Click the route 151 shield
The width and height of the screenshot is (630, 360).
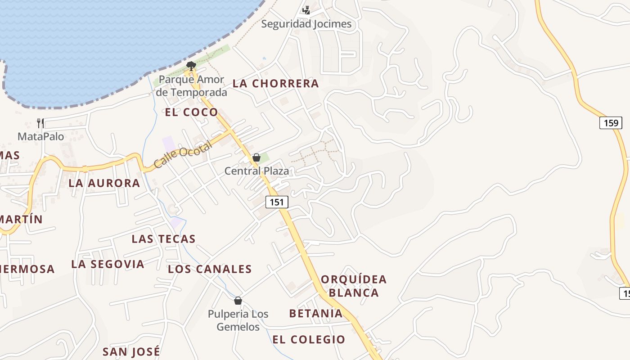point(277,202)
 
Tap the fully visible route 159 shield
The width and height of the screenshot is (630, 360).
point(611,123)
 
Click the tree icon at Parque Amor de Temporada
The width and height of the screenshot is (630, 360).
point(191,66)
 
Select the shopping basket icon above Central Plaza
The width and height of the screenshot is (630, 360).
point(256,157)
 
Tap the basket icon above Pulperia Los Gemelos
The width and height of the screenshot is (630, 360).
point(238,301)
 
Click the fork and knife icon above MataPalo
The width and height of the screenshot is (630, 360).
point(40,123)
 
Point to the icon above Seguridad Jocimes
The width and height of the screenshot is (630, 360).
point(306,10)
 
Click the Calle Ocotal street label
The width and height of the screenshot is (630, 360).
point(182,155)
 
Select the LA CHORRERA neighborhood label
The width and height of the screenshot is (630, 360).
point(275,84)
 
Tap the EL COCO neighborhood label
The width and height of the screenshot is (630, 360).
point(191,112)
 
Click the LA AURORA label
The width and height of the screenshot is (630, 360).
point(104,183)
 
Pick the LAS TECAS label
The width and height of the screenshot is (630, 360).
point(163,239)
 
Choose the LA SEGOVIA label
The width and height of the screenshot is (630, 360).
point(108,264)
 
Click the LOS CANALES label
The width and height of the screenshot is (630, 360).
point(210,269)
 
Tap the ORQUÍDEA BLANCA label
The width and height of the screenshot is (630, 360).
point(354,286)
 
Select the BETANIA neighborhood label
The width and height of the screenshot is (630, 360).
point(316,313)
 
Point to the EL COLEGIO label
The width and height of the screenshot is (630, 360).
point(309,339)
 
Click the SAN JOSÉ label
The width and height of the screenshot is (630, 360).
point(131,351)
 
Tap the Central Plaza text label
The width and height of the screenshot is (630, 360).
point(256,171)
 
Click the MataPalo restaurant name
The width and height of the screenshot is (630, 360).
point(41,136)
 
